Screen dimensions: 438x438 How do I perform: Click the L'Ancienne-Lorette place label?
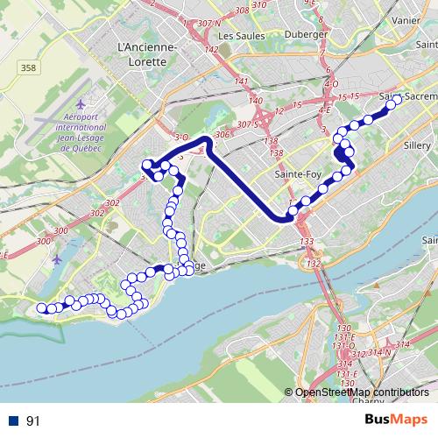pos(146,54)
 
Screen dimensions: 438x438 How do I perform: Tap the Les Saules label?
pos(240,36)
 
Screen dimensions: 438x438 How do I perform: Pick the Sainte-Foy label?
pos(295,174)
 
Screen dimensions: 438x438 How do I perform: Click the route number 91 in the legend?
pos(33,421)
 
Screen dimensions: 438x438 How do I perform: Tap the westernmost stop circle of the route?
pos(40,307)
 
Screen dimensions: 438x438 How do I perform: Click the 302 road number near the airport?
pos(111,202)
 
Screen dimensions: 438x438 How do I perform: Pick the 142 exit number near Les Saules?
pos(211,50)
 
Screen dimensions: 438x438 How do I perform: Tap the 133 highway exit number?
pos(307,242)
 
